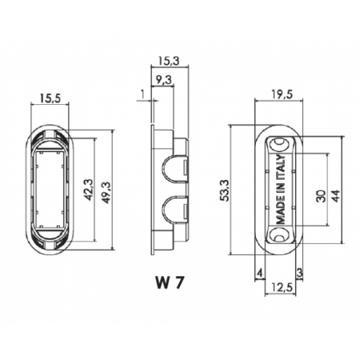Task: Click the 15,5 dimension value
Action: (50, 98)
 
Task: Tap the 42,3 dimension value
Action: (89, 190)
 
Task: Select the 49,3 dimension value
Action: (106, 193)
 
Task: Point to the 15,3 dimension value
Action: (170, 61)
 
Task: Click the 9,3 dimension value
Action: (164, 80)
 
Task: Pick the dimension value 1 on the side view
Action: (142, 94)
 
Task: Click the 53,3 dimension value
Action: (226, 190)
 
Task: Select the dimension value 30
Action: (321, 196)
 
